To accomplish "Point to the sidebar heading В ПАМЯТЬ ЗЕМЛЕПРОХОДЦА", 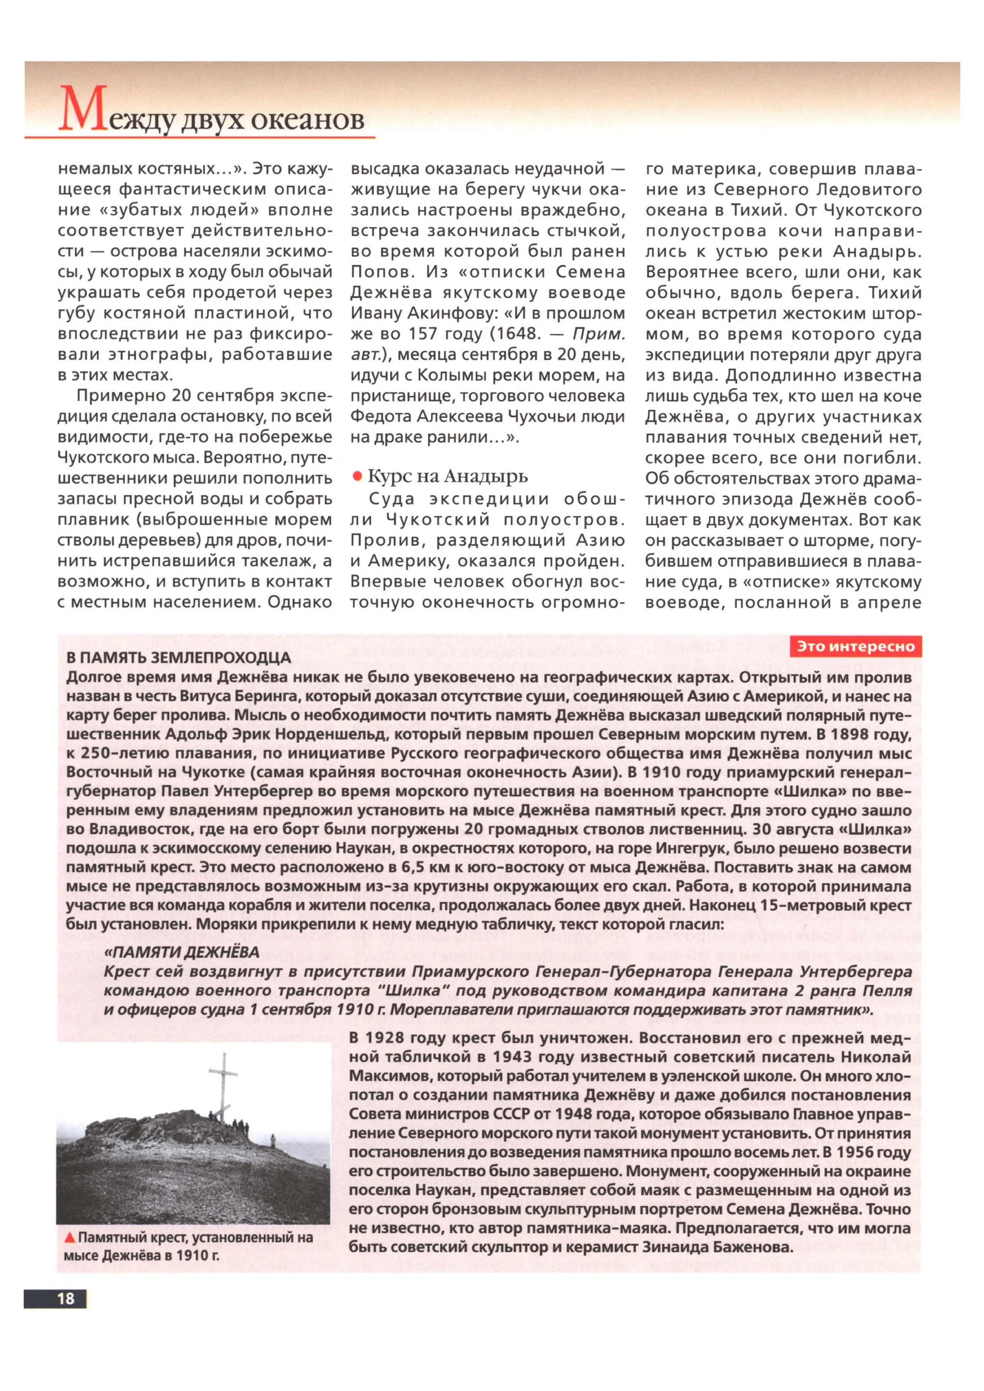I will [179, 658].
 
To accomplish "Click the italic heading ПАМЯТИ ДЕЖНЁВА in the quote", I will [182, 952].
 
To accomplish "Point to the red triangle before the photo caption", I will [71, 1237].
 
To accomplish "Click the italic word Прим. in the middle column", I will [598, 334].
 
